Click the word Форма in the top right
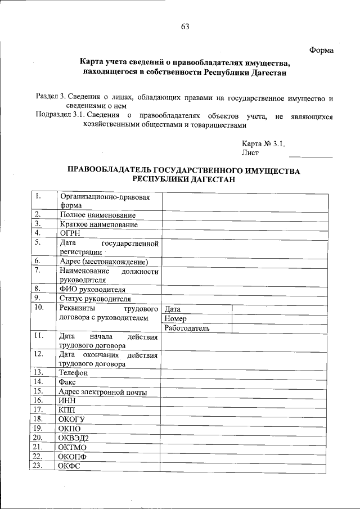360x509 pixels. point(322,50)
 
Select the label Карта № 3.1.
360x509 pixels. point(263,143)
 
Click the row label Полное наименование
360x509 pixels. point(98,215)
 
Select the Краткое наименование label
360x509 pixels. point(98,224)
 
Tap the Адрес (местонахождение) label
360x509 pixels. point(103,262)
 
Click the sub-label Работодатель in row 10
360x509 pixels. point(187,327)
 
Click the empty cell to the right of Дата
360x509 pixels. point(279,309)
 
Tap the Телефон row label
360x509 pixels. point(74,372)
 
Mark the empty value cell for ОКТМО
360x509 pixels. point(244,447)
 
